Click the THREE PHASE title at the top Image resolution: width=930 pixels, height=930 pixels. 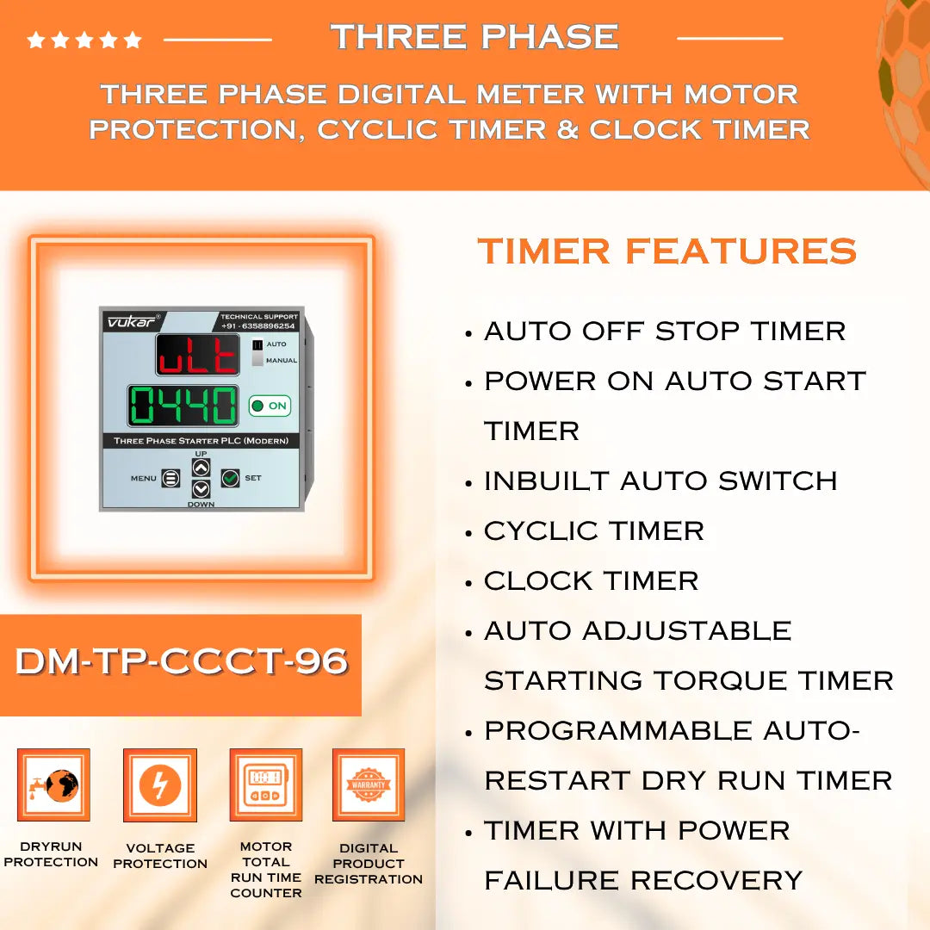[474, 37]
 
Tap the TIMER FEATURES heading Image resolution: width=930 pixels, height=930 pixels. [667, 251]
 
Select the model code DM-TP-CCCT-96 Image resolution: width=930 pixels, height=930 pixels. [182, 661]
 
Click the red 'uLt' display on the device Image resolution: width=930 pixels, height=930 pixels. [197, 355]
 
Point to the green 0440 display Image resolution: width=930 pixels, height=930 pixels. [183, 406]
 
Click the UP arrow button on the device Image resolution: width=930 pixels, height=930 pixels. [201, 468]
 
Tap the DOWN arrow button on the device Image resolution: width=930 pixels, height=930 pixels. [201, 489]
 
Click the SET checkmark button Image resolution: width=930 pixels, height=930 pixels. [230, 478]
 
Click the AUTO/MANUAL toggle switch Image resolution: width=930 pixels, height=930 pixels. [257, 352]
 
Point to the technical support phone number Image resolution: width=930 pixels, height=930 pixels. [258, 326]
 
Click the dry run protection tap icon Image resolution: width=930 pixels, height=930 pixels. [53, 785]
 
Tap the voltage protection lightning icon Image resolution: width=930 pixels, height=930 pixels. [160, 785]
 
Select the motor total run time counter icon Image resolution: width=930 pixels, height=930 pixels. [265, 785]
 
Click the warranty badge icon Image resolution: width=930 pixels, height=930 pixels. [369, 785]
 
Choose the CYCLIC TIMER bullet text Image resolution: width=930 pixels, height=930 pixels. [593, 530]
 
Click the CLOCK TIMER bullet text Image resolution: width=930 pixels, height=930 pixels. [591, 580]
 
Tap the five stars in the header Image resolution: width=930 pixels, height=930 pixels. [84, 40]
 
